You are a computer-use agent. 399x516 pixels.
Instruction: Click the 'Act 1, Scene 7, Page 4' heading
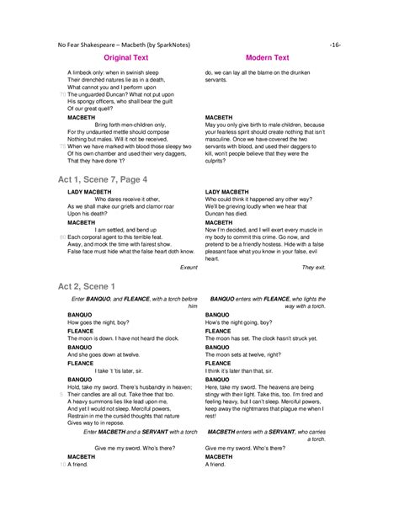(103, 180)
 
